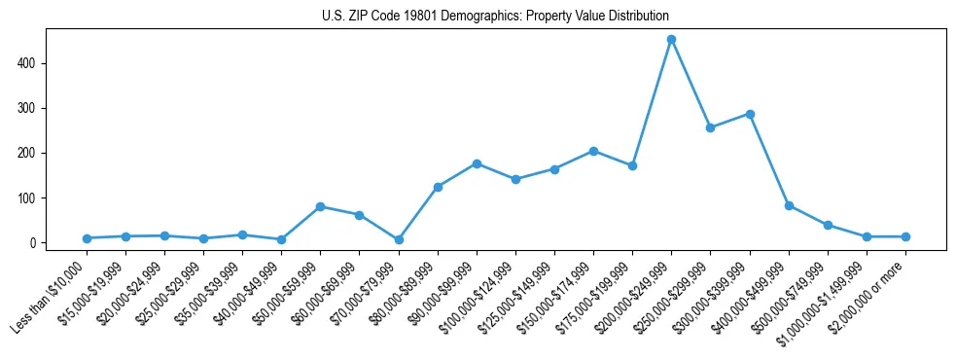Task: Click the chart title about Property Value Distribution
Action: point(495,16)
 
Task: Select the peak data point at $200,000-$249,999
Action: point(671,40)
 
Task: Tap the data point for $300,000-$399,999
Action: point(750,114)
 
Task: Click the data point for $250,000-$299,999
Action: point(711,127)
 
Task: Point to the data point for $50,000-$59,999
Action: point(320,206)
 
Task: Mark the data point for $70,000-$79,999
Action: point(399,239)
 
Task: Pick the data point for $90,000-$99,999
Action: point(477,163)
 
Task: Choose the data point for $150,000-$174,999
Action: point(593,151)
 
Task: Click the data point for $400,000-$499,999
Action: point(789,205)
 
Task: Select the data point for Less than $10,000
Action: point(87,238)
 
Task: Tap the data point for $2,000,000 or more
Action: point(905,236)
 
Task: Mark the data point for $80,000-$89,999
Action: point(438,187)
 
